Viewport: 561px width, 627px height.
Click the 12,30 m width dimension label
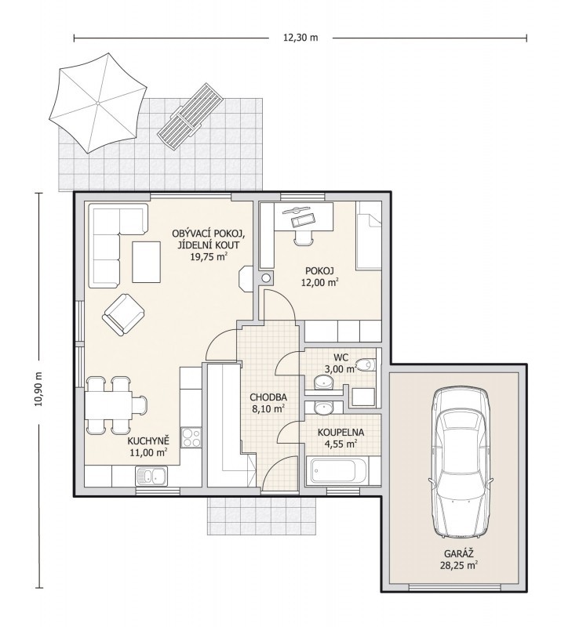(x=301, y=38)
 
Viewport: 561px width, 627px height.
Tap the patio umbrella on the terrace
(x=97, y=103)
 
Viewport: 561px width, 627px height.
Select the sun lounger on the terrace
(x=190, y=116)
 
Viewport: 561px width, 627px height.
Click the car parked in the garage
(x=460, y=462)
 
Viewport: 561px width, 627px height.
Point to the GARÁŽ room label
(x=459, y=554)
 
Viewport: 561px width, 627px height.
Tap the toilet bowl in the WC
(x=366, y=364)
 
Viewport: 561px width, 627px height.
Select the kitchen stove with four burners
(x=191, y=437)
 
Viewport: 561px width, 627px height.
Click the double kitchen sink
(x=151, y=476)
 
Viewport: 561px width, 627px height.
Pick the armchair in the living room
(x=123, y=315)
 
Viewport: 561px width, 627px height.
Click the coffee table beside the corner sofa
(x=147, y=262)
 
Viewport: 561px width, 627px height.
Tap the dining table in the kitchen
(x=108, y=405)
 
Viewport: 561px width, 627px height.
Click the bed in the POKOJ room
(x=369, y=235)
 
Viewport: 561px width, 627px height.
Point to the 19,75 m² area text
(x=208, y=257)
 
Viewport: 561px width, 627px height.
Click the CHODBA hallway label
(x=268, y=397)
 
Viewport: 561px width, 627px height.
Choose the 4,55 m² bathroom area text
(x=341, y=444)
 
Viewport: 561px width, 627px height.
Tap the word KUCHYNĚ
(x=148, y=441)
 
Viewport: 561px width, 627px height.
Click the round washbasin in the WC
(x=323, y=382)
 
